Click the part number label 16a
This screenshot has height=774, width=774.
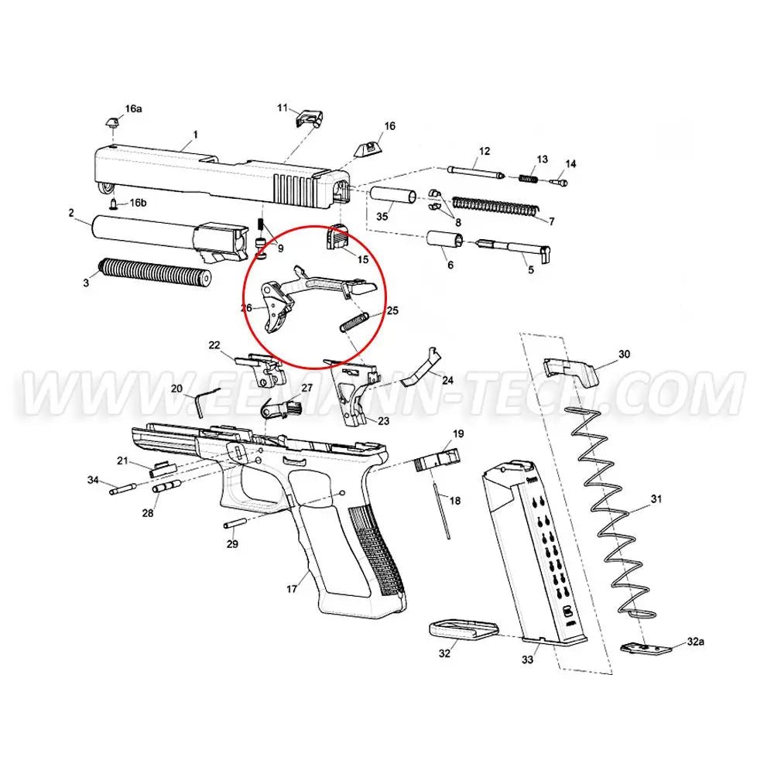(134, 109)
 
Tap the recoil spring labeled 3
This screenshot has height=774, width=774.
(155, 273)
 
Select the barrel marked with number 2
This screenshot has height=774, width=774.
(155, 231)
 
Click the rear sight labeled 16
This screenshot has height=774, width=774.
(365, 148)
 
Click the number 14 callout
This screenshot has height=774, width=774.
(571, 164)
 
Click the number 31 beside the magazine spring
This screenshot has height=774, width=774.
(656, 500)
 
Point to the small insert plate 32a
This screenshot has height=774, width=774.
(645, 649)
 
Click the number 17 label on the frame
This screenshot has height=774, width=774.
(292, 590)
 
